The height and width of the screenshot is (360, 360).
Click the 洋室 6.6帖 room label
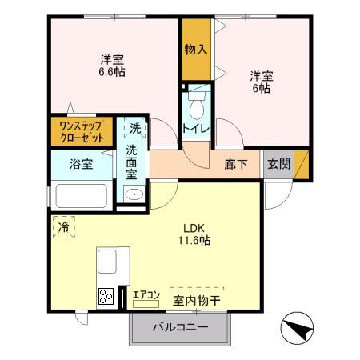pos(112,65)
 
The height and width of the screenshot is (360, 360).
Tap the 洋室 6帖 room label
pos(261,82)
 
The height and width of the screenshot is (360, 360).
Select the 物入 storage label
pos(197,50)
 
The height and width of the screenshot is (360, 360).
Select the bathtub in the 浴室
pos(82,195)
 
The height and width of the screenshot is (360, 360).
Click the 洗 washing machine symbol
pos(134,128)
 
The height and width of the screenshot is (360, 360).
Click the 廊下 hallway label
pos(235,165)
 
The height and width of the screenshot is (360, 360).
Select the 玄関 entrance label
pos(279,165)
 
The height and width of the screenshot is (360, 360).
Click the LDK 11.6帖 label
pos(194,233)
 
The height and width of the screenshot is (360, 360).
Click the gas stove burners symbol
pos(106,296)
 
